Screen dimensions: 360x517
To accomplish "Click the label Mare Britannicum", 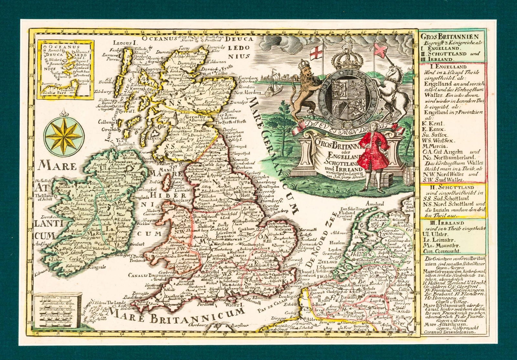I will (x=176, y=315).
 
